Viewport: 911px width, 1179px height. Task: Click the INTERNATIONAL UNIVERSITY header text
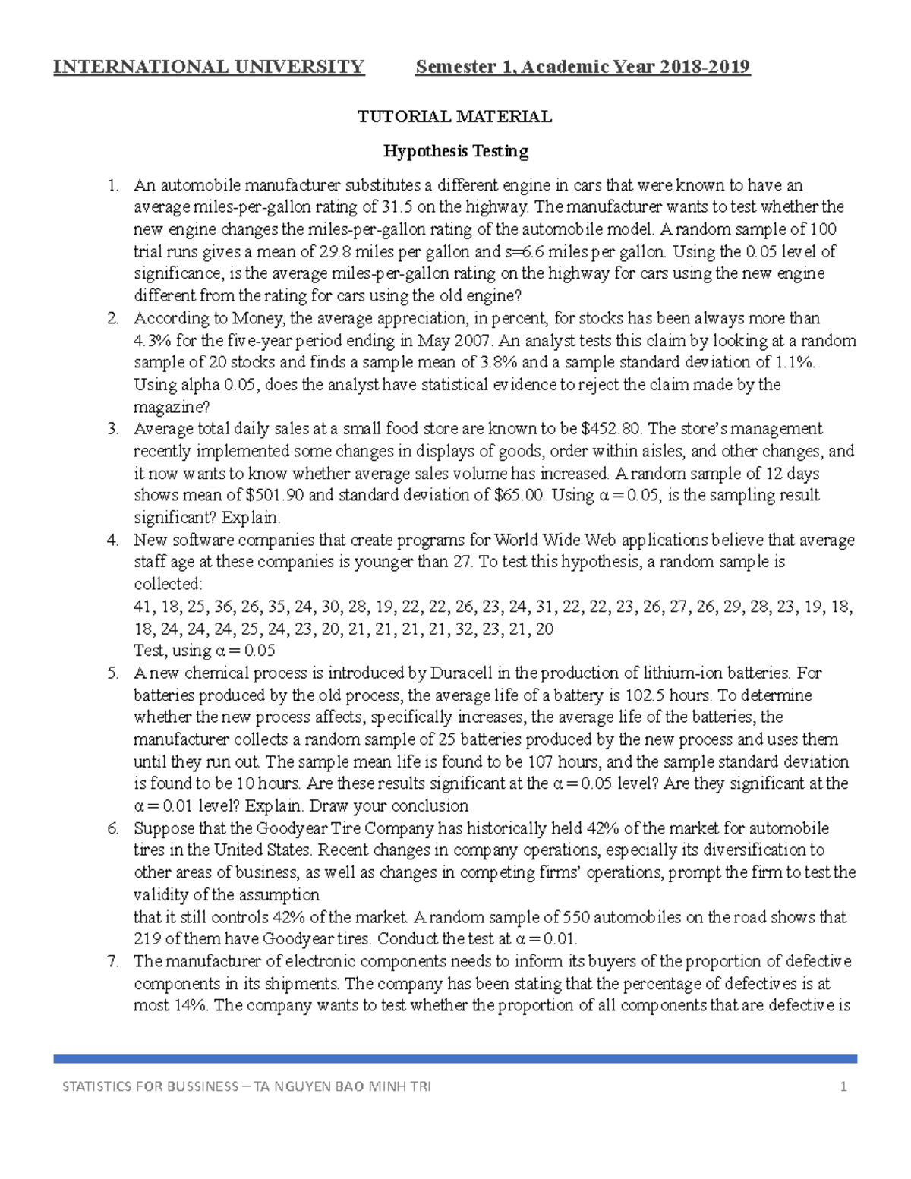[x=209, y=67]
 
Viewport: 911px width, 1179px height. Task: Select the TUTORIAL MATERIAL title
[x=455, y=116]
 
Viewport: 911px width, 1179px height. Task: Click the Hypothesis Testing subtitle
[x=455, y=151]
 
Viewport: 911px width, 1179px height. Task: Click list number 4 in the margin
[x=112, y=540]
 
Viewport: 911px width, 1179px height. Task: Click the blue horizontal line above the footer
[x=455, y=1058]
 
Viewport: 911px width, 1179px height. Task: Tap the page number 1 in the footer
[x=843, y=1086]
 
